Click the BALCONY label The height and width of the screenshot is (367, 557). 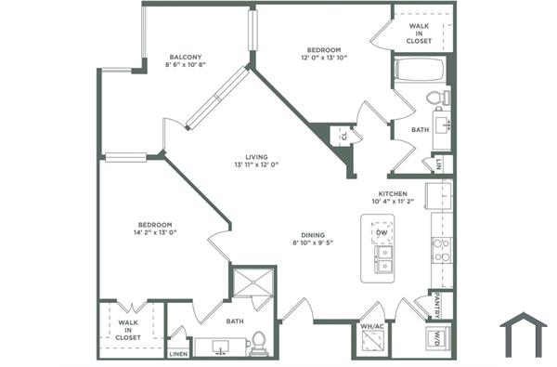(x=185, y=56)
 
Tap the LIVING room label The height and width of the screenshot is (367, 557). (x=256, y=154)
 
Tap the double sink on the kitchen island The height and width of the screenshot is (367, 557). (x=382, y=257)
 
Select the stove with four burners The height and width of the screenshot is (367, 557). (x=441, y=248)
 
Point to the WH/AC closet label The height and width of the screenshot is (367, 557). (x=372, y=326)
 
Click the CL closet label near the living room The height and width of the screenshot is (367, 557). (x=343, y=136)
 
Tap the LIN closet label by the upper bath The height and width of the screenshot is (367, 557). (x=439, y=164)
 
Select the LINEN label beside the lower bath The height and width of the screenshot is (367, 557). (x=178, y=354)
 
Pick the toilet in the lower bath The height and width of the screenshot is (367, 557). (x=259, y=343)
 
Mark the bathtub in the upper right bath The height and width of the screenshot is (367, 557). (x=421, y=71)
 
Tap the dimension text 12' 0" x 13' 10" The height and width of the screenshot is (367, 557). (x=324, y=59)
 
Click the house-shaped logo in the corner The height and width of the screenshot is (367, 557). (x=524, y=335)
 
